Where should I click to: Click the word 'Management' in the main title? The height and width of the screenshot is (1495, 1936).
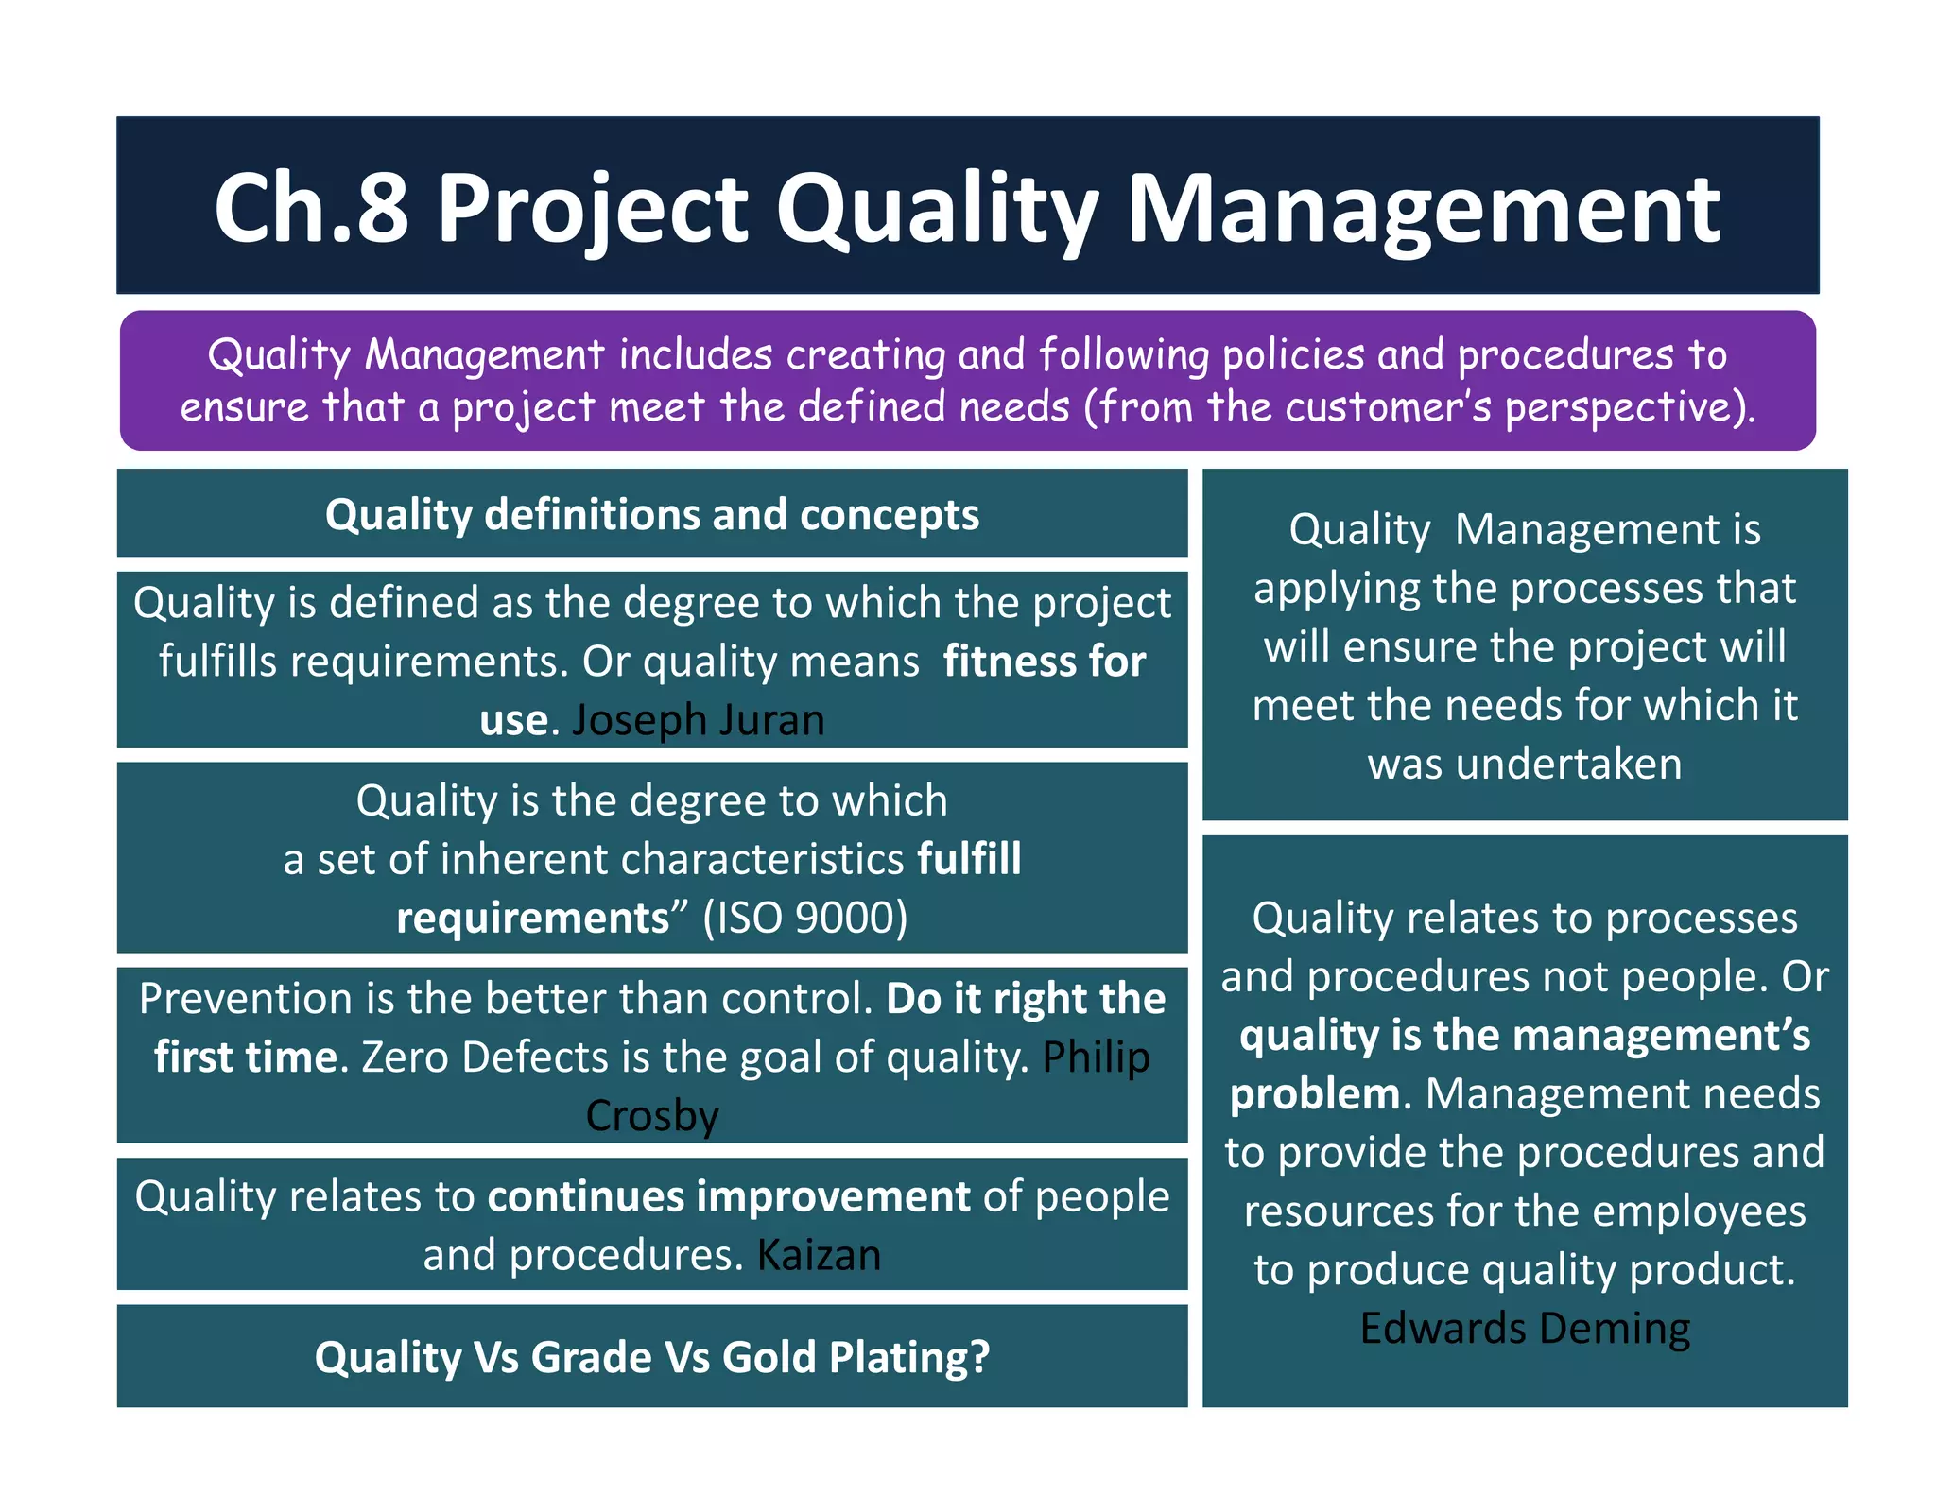(x=1423, y=210)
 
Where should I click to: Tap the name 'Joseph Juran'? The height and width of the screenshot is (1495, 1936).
(x=698, y=720)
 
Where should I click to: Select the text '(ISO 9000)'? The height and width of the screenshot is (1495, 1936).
(x=804, y=918)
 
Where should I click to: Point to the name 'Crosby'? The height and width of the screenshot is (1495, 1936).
(x=652, y=1116)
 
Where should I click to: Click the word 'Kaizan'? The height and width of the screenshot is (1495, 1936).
(x=819, y=1256)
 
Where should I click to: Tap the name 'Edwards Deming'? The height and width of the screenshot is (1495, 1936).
(x=1524, y=1328)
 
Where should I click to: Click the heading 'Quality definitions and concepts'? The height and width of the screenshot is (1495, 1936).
(x=652, y=515)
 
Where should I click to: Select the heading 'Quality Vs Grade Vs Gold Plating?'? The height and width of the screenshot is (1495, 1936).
(x=652, y=1357)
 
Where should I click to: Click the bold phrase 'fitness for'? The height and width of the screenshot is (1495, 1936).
(x=1044, y=661)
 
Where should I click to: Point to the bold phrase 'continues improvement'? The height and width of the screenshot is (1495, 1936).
(x=729, y=1196)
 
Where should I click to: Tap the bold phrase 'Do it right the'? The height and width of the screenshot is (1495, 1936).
(x=1026, y=999)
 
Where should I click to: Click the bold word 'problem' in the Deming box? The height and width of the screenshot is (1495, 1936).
(x=1314, y=1094)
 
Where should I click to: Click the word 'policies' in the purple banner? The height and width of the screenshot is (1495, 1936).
(x=1293, y=355)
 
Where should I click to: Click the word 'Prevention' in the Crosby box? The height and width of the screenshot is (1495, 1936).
(x=245, y=999)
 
